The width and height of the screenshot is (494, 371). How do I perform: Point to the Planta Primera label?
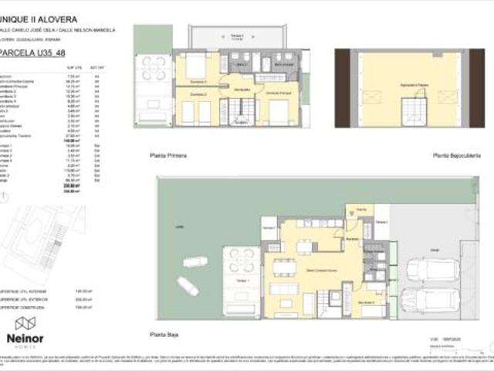[x=168, y=155]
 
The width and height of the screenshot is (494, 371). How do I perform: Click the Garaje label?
[x=435, y=250]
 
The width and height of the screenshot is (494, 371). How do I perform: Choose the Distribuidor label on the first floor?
[x=242, y=90]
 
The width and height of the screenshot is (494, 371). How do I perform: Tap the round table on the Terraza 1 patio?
[x=241, y=260]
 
